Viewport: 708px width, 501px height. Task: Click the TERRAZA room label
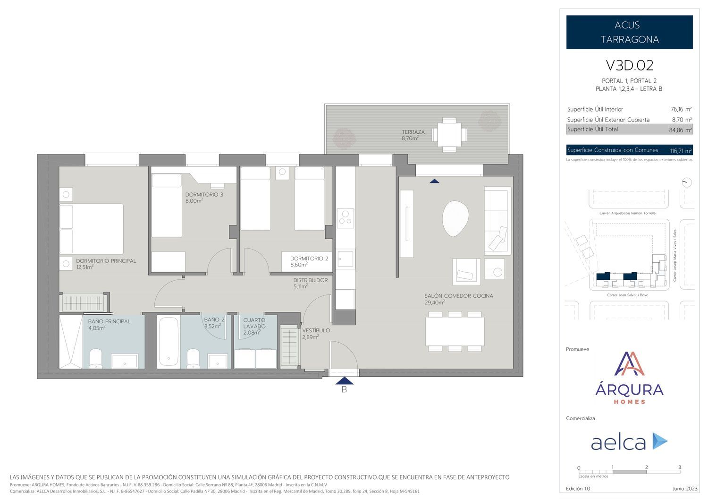click(413, 132)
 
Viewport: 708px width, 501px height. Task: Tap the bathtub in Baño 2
click(169, 342)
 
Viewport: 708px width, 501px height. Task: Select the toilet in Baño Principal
click(96, 359)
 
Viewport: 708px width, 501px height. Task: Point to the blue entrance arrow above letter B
click(345, 380)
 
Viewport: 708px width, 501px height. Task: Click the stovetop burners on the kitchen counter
click(346, 218)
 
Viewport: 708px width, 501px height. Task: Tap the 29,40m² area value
click(435, 302)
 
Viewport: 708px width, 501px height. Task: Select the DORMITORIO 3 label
click(204, 195)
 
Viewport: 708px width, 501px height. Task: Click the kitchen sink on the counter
click(346, 259)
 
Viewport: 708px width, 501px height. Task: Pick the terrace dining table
click(449, 135)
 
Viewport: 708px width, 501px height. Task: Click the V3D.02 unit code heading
click(629, 65)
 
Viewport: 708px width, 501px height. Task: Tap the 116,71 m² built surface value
click(681, 151)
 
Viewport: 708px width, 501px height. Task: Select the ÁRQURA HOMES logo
click(629, 378)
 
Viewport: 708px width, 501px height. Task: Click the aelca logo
click(629, 441)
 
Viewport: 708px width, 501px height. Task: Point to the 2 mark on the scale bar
click(646, 467)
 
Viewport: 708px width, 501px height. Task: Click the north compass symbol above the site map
click(686, 182)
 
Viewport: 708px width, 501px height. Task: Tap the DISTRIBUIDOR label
click(311, 280)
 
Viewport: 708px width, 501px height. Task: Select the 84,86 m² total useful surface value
click(680, 130)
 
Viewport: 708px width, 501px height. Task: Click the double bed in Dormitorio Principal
click(92, 229)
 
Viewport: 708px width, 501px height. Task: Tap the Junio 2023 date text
click(684, 488)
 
